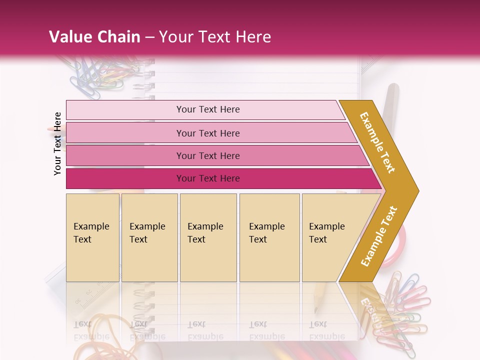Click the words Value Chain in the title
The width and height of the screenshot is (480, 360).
(x=94, y=37)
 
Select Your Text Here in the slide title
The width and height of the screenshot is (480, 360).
(x=215, y=37)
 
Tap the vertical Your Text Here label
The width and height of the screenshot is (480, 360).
(x=58, y=143)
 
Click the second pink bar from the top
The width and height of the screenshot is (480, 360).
(x=210, y=133)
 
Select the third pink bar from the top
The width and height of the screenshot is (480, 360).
(x=215, y=155)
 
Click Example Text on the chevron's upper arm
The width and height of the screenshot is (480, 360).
(x=377, y=142)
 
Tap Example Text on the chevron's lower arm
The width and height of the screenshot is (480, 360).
(x=379, y=236)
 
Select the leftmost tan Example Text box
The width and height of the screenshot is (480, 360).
(x=92, y=237)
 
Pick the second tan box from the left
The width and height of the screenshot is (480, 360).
(x=149, y=237)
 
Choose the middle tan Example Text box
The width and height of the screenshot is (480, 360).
(x=208, y=237)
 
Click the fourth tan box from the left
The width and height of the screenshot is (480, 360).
(x=269, y=237)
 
